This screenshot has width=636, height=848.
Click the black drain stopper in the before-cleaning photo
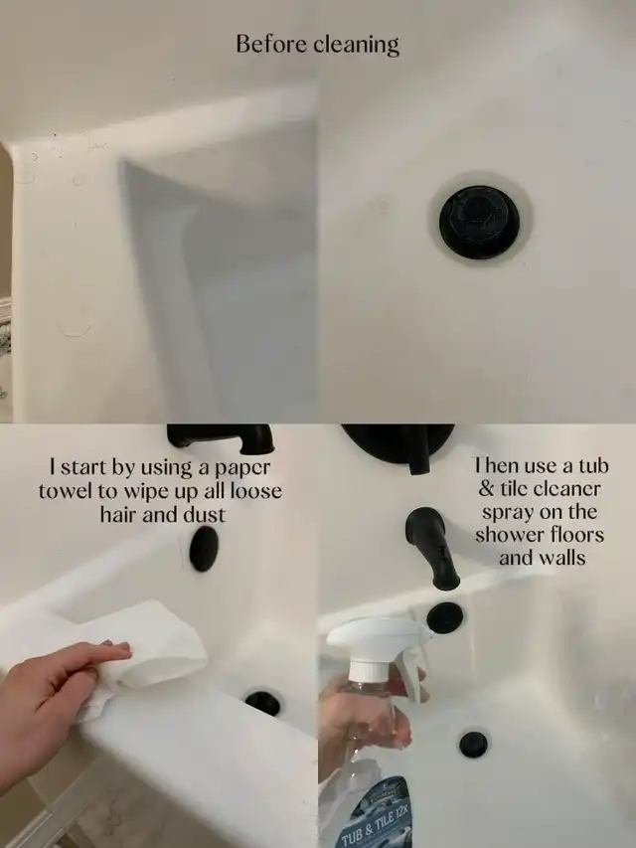click(479, 222)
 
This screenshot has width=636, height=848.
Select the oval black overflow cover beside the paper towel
click(204, 549)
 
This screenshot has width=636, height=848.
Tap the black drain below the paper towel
click(262, 703)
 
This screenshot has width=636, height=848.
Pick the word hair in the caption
click(118, 514)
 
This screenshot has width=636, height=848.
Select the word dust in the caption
click(205, 514)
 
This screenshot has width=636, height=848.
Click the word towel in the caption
click(65, 490)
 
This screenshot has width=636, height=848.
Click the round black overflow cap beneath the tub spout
click(444, 617)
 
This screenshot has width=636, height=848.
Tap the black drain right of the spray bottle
click(473, 745)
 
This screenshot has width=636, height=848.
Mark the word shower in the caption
click(509, 534)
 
